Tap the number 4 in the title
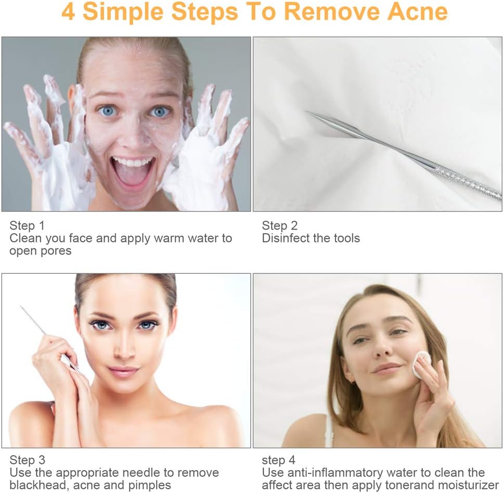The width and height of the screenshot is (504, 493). click(68, 12)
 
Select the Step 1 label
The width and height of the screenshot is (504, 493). click(27, 225)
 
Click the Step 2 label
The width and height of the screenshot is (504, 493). click(280, 225)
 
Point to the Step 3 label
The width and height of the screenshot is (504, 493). click(27, 460)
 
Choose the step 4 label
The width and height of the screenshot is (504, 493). click(279, 460)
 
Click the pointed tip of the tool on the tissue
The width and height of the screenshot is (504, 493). click(308, 112)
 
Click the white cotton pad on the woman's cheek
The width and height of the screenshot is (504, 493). click(421, 364)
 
